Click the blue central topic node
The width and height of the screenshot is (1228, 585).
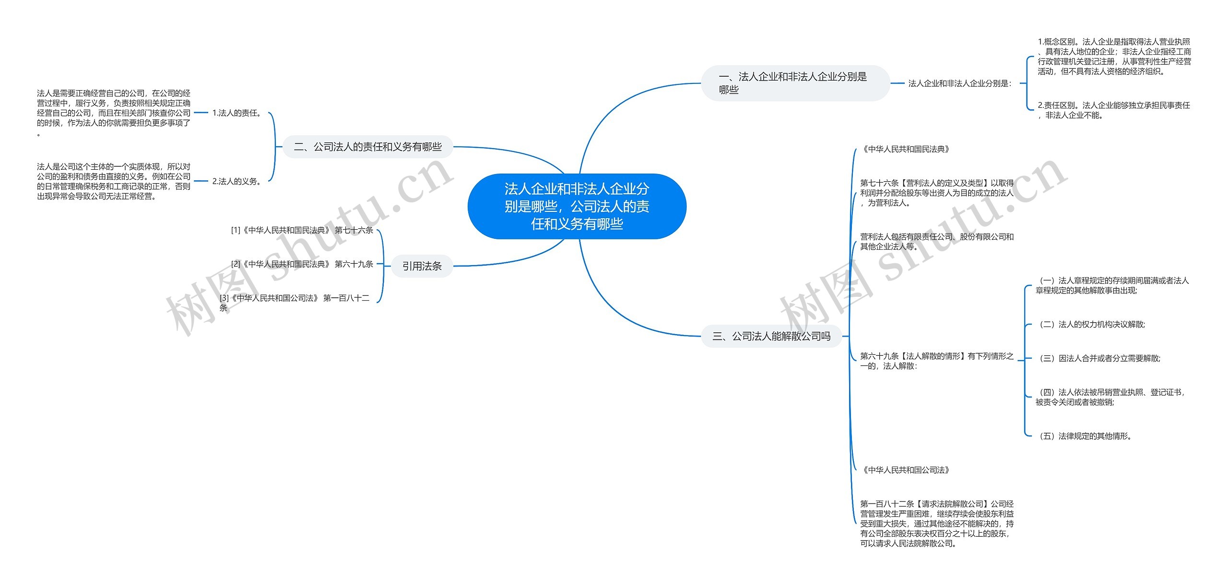tap(577, 206)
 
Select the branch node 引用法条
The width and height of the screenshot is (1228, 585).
tap(422, 266)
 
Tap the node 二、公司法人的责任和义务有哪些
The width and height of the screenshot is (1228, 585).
tap(367, 147)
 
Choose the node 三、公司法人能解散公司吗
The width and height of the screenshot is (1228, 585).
tap(771, 336)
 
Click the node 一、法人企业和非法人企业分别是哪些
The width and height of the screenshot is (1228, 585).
tap(795, 83)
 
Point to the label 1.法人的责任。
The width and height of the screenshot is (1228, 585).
tap(237, 113)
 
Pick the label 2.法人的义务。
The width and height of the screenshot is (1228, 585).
tap(237, 181)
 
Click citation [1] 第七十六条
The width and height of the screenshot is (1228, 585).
tap(302, 230)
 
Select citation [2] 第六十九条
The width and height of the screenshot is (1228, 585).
tap(302, 264)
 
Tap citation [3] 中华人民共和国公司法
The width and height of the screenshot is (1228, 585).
tap(295, 303)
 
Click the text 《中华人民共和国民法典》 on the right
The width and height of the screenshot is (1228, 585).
tap(906, 149)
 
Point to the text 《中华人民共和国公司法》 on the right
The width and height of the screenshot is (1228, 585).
tap(906, 470)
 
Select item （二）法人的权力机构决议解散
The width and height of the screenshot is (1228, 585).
tap(1090, 325)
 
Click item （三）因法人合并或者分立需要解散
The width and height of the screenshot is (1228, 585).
tap(1098, 358)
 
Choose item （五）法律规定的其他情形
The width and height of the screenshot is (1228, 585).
tap(1084, 436)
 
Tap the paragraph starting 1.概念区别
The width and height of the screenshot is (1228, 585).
tap(1114, 57)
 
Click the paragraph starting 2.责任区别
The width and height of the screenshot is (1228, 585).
tap(1113, 110)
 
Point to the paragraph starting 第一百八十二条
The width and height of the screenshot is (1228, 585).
tap(936, 524)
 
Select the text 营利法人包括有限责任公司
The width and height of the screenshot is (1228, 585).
tap(936, 242)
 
